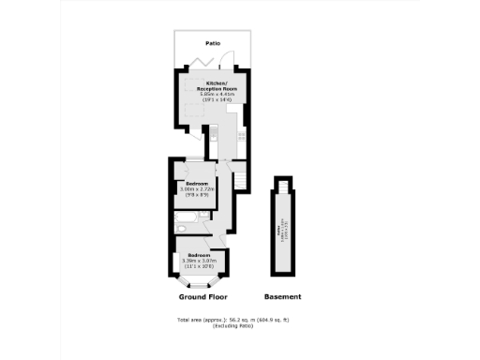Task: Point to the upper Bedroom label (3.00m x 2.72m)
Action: click(x=197, y=183)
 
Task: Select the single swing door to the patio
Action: click(x=229, y=64)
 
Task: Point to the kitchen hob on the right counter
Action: click(x=241, y=136)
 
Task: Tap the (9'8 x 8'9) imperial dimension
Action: click(x=197, y=195)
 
